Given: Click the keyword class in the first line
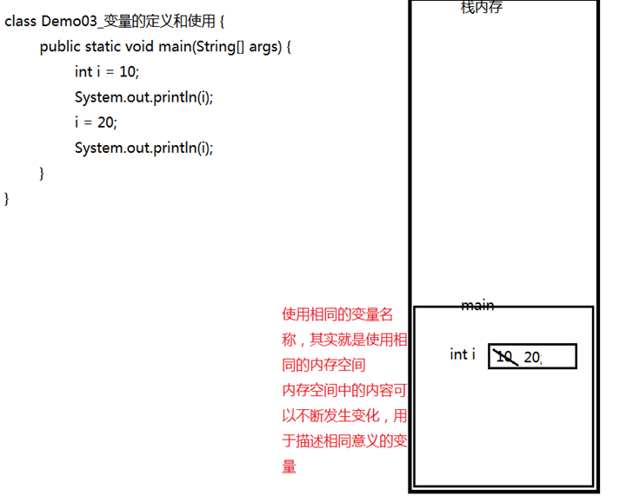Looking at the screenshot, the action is tap(20, 22).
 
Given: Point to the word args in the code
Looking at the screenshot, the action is tap(264, 47).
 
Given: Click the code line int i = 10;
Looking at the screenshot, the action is tap(106, 72).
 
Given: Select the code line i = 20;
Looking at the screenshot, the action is tap(96, 122).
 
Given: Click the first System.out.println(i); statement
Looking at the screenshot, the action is tap(143, 97).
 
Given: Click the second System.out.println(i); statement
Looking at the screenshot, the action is tap(143, 148).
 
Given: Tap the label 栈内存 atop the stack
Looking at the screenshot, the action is tap(482, 8).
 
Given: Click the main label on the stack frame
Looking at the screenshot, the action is tap(477, 306).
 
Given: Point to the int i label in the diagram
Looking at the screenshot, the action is tap(463, 354).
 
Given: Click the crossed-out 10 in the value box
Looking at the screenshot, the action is tap(504, 356).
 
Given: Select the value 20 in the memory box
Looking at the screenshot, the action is tap(532, 357).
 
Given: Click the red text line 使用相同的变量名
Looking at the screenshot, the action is tap(337, 314).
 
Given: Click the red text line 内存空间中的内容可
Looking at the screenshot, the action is tap(343, 390).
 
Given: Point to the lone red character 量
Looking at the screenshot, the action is tap(290, 466).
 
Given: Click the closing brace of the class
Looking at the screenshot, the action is tap(8, 198).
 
